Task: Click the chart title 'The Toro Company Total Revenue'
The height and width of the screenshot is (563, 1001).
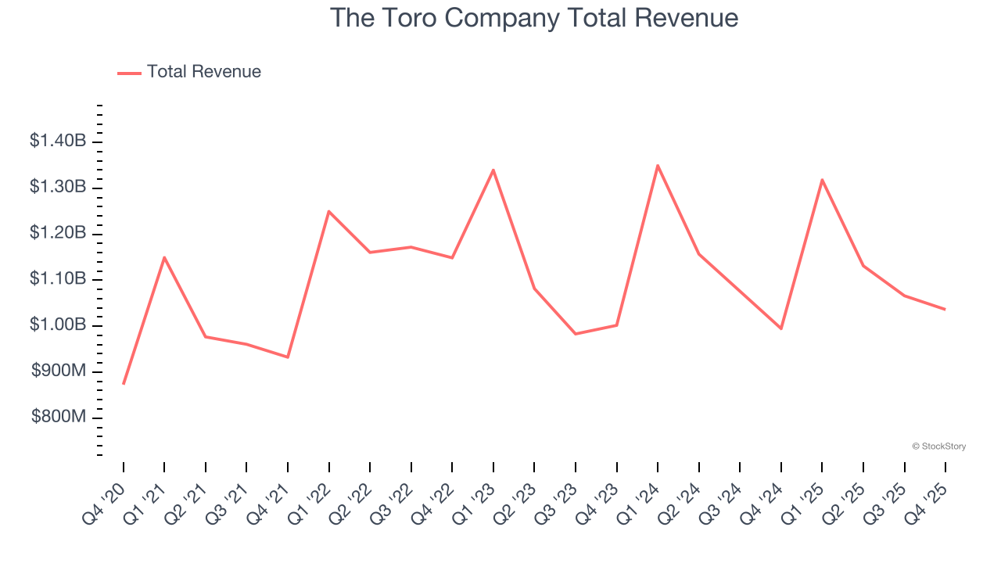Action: (x=533, y=17)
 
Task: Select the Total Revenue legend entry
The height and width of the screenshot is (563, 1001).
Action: (x=189, y=72)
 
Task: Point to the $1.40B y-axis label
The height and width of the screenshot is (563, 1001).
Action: (x=58, y=142)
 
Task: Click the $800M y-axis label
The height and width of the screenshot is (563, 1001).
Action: (x=58, y=418)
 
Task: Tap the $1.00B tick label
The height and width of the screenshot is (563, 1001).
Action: (x=58, y=325)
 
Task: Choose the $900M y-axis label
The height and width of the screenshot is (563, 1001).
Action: (x=58, y=371)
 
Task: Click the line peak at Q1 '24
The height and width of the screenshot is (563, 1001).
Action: (x=658, y=165)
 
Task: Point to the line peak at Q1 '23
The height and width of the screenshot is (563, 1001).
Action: (x=493, y=170)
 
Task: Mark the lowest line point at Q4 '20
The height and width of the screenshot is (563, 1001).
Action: (x=124, y=384)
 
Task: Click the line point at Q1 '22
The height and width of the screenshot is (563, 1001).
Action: (x=329, y=211)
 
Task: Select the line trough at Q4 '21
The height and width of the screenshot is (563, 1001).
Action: (x=288, y=357)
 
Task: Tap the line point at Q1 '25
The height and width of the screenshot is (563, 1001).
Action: (x=822, y=180)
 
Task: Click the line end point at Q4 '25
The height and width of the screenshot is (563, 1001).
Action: (x=945, y=310)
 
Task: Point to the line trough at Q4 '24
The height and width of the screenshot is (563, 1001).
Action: (x=780, y=328)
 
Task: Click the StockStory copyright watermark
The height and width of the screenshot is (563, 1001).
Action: (x=938, y=446)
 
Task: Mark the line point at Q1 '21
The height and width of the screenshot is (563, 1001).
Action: (x=164, y=257)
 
